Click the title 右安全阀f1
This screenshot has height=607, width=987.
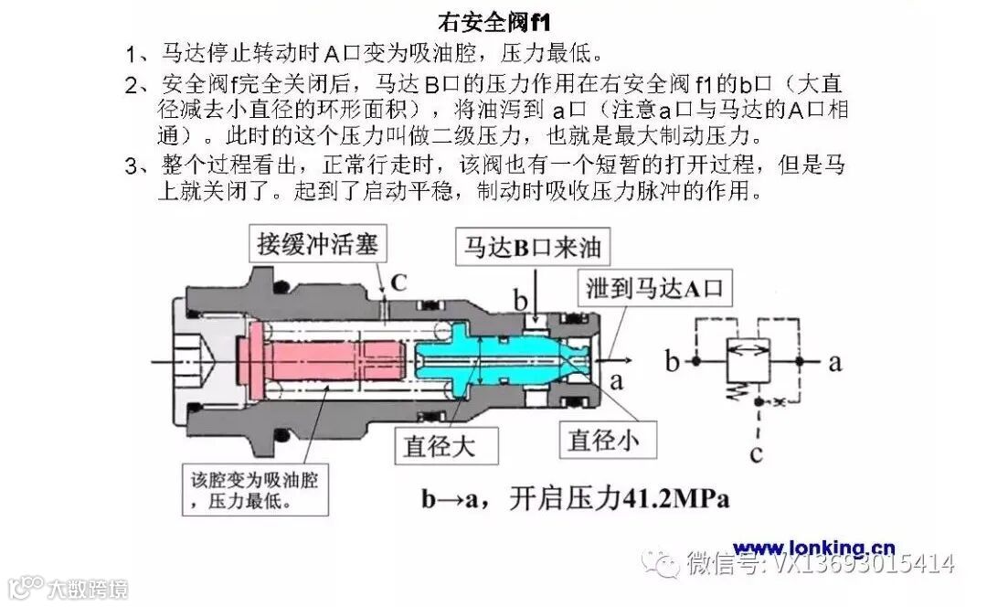pos(493,20)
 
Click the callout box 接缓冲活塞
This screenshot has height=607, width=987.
pos(317,245)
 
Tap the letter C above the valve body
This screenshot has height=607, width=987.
pos(398,282)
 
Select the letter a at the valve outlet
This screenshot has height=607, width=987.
pos(617,379)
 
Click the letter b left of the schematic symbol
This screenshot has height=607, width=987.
pos(674,362)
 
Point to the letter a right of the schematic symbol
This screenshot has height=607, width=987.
pos(833,362)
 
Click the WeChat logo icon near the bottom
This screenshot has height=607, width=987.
pos(659,561)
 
